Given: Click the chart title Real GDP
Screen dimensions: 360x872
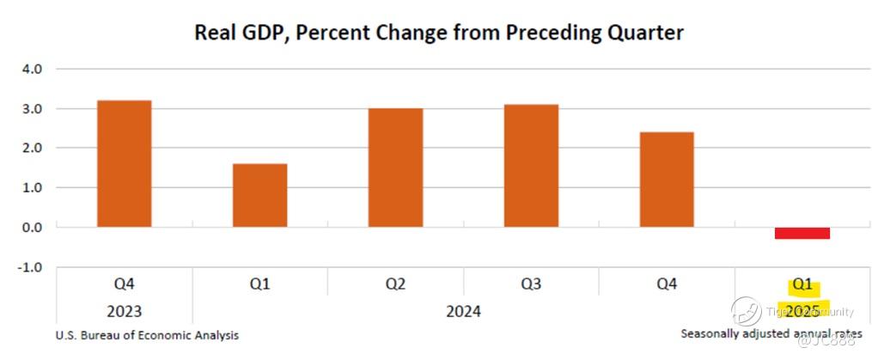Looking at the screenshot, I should point(438,33).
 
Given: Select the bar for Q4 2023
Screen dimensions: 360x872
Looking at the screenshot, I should point(124,163).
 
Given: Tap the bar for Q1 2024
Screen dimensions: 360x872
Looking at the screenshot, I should point(259,195).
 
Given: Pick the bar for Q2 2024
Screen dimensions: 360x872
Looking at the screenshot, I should point(395,168).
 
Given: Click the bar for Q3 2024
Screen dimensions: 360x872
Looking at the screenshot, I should point(531,165).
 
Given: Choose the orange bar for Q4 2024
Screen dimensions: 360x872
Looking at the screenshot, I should point(667,180).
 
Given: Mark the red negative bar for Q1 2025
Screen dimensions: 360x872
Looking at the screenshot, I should point(802,233).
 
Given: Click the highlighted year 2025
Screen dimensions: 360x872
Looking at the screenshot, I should point(802,309).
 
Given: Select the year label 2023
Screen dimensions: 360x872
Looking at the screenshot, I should point(124,310).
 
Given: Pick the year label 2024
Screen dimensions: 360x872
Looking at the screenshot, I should point(463,310).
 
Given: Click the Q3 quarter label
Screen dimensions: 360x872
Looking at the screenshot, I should point(531,284).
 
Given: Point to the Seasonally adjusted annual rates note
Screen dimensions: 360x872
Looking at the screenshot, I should point(771,333).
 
